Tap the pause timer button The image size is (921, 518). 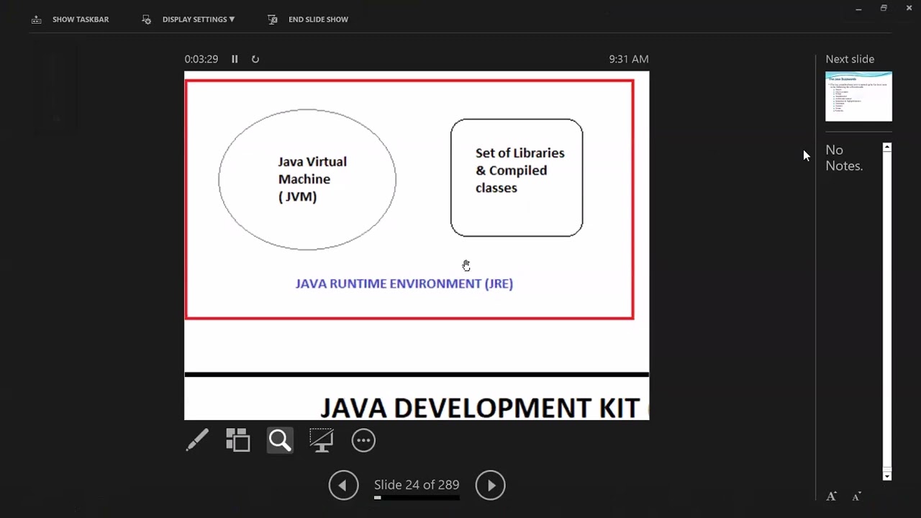235,59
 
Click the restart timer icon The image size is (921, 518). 255,59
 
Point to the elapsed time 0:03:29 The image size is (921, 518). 201,59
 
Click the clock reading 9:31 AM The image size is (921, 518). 628,59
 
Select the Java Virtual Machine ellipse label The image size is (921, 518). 312,179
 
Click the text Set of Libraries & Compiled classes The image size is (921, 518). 520,171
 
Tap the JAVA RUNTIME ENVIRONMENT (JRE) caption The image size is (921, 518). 404,283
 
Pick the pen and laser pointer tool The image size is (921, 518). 197,440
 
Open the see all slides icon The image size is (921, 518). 238,440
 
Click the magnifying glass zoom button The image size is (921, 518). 280,440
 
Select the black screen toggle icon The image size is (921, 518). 321,440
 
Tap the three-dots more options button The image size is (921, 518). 363,440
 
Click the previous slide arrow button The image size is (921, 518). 343,486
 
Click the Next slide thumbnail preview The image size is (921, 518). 858,96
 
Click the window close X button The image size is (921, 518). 909,8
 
